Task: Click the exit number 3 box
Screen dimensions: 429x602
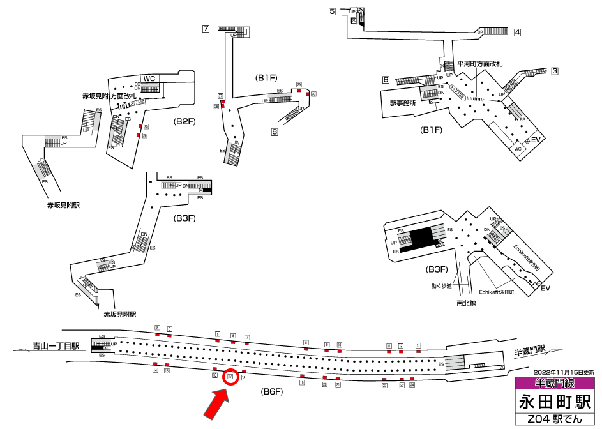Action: coord(555,71)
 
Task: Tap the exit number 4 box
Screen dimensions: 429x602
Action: coord(517,32)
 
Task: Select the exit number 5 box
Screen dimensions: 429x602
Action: coord(332,11)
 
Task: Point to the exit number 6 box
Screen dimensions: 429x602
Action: coord(386,80)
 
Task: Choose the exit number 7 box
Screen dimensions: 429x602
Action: coord(206,29)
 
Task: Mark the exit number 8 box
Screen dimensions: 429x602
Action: coord(275,133)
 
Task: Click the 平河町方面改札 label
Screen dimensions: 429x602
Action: coord(479,64)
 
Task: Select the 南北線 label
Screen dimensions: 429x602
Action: coord(467,303)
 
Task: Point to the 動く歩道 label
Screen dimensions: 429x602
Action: coord(440,285)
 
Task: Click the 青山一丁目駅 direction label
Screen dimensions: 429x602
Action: coord(56,347)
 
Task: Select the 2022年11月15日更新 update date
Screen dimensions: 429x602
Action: coord(564,372)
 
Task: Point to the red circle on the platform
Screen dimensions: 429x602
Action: coord(231,377)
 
